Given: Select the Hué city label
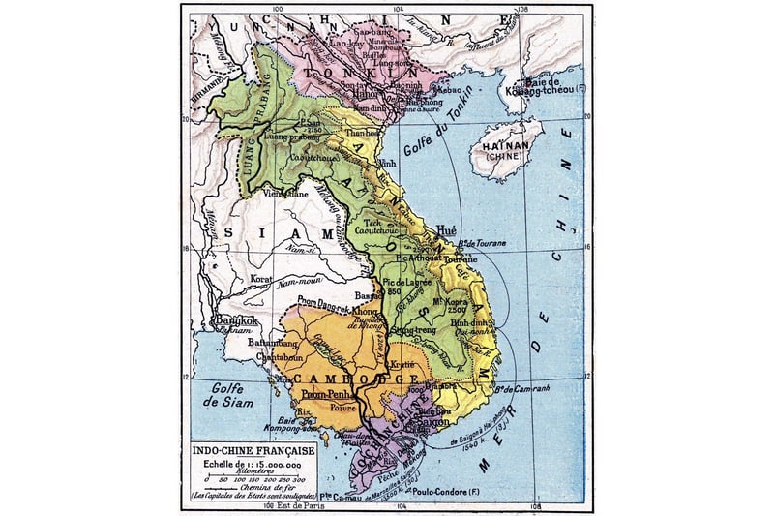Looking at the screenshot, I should tap(445, 233).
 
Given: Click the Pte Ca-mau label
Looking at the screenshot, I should tap(359, 498).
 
